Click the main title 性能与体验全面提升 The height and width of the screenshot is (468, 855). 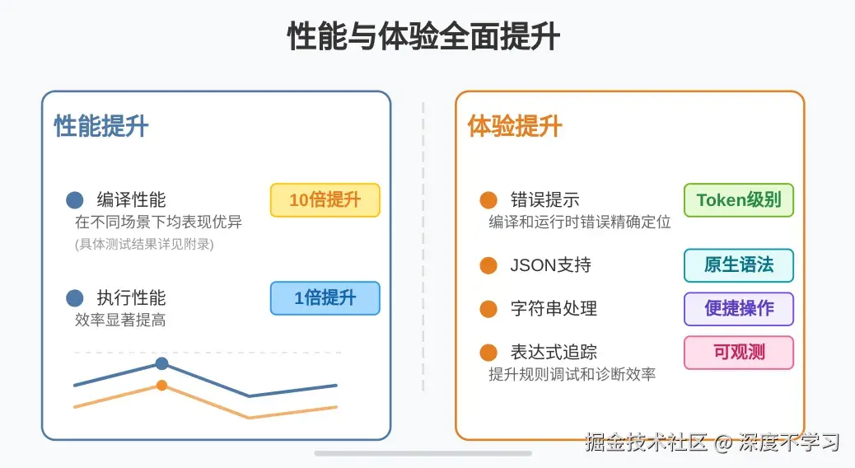click(423, 36)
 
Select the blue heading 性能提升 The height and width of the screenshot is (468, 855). click(100, 126)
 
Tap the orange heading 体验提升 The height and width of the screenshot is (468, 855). click(515, 126)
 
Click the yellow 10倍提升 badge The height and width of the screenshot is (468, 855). click(325, 200)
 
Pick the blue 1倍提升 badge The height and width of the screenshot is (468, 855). click(325, 298)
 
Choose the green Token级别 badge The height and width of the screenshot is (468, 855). click(739, 200)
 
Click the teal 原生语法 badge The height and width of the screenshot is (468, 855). click(739, 265)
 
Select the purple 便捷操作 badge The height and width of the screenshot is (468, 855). click(739, 309)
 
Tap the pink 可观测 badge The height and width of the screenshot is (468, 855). click(739, 353)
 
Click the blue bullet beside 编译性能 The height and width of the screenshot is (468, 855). click(75, 200)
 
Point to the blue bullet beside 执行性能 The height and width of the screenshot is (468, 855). click(75, 298)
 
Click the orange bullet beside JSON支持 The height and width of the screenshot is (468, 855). click(488, 265)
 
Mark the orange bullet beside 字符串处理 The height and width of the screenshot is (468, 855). click(488, 309)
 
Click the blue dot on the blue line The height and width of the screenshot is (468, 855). click(162, 363)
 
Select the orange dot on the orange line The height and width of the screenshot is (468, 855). click(162, 386)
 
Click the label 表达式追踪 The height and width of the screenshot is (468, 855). click(554, 353)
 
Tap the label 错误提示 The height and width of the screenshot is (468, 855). click(544, 200)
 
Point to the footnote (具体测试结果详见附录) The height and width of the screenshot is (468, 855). click(144, 244)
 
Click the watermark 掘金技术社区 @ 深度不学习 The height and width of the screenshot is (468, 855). click(712, 442)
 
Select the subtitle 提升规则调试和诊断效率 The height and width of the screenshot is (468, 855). click(572, 375)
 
